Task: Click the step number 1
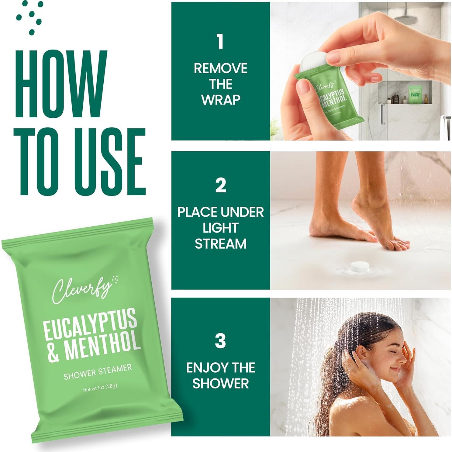[x=220, y=42]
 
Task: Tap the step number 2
[x=221, y=185]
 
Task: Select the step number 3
[x=220, y=341]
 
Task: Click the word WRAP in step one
[x=221, y=100]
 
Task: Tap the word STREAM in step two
[x=221, y=244]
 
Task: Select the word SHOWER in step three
[x=221, y=383]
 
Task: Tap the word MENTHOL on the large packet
[x=102, y=346]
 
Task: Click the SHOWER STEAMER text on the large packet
[x=98, y=372]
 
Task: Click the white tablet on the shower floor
[x=360, y=267]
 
